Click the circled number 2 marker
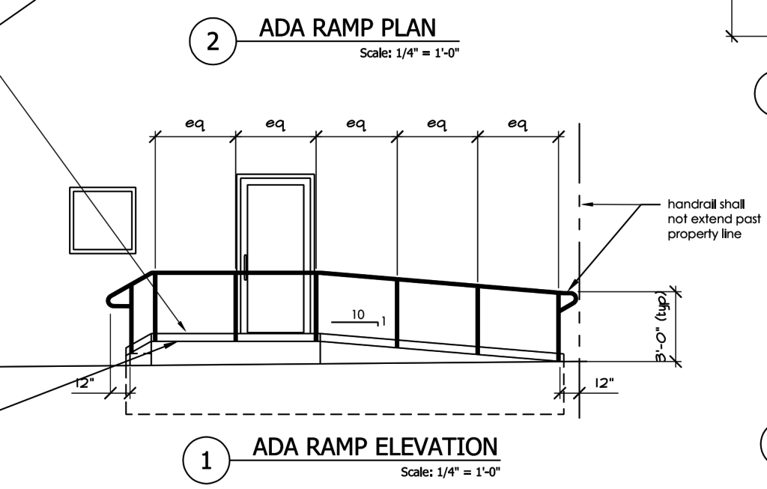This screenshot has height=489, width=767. (213, 42)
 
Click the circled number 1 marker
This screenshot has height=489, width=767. (207, 460)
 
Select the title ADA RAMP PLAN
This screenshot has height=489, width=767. (348, 28)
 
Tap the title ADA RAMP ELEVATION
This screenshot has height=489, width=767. (375, 447)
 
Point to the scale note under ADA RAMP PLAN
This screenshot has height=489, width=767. (410, 53)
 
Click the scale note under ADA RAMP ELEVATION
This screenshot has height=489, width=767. (450, 472)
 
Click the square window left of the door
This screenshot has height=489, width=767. (103, 220)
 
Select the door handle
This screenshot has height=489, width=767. (245, 267)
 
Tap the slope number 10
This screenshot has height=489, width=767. (358, 315)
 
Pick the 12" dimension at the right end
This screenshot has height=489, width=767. (604, 383)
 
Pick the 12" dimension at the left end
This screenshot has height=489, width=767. (85, 383)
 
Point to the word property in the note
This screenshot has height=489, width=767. (689, 234)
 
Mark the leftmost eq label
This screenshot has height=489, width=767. (195, 124)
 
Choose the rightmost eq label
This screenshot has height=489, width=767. (518, 124)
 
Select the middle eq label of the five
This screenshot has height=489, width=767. (356, 124)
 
